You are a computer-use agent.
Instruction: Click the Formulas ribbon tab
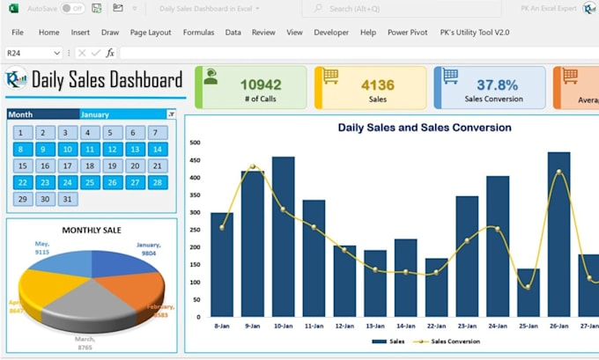point(198,33)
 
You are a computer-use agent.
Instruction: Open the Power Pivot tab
point(407,33)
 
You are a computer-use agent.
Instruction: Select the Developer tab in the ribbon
point(331,33)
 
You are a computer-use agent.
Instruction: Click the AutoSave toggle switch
point(72,8)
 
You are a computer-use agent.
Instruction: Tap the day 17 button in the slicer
point(89,166)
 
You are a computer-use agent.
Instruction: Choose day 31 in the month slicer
point(66,199)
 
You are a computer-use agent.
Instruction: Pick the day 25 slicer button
point(89,183)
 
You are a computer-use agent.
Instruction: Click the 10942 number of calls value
point(261,84)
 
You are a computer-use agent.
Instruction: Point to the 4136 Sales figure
point(378,84)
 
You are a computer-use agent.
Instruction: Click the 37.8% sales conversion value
point(498,84)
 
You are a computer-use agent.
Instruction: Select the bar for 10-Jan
point(284,237)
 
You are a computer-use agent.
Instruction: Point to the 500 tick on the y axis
point(195,142)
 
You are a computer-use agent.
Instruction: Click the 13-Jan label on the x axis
point(375,325)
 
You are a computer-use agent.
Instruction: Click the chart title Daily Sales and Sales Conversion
point(424,128)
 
